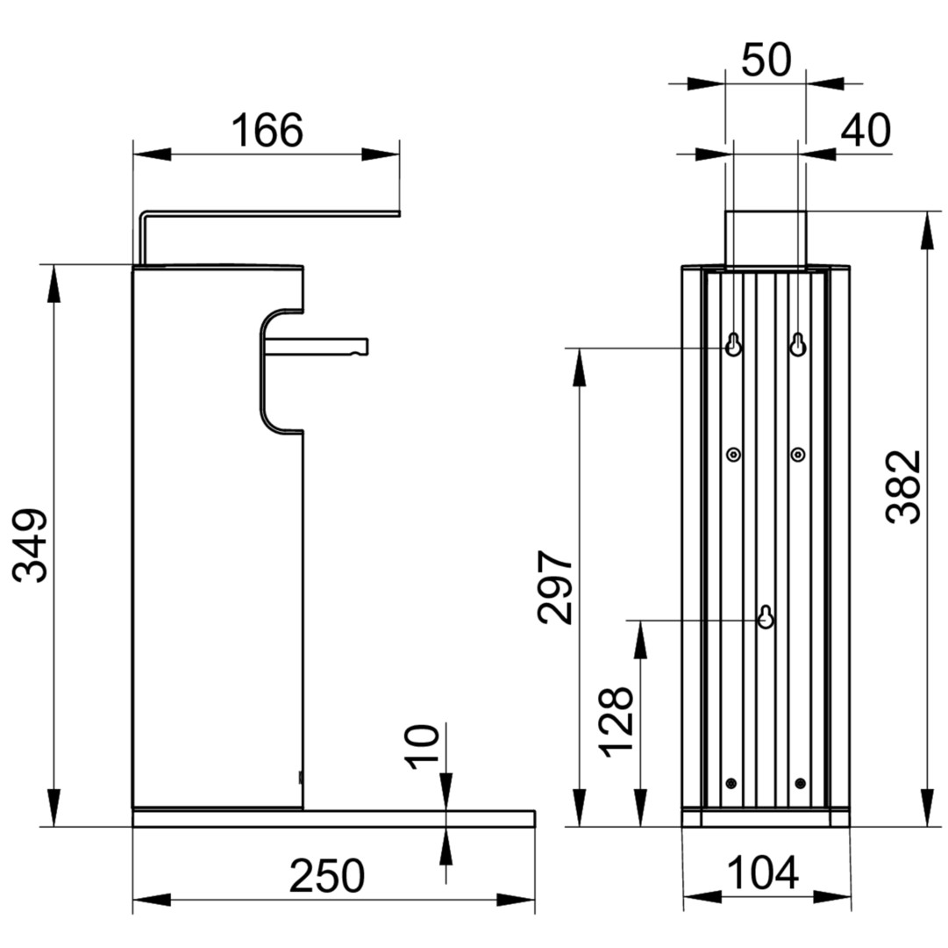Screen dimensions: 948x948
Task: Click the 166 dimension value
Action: point(267,131)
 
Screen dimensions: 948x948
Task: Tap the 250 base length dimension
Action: point(326,875)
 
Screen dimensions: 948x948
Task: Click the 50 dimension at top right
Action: point(766,61)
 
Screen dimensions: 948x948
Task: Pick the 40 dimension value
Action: point(866,131)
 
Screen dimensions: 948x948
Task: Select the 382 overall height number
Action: point(903,487)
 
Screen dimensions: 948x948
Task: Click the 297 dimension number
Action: point(556,587)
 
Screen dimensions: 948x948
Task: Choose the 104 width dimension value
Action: point(763,873)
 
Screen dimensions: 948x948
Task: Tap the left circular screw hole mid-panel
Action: point(734,454)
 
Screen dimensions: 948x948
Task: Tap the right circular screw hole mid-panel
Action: point(797,454)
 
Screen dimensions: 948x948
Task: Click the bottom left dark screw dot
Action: point(732,783)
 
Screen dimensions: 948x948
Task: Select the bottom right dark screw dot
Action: point(799,783)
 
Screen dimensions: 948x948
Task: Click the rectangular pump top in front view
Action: point(766,237)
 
